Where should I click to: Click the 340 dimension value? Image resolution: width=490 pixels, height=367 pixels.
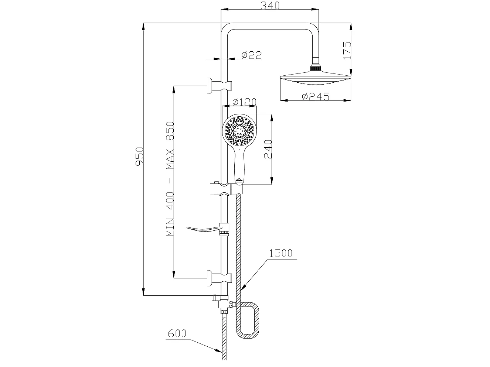(x=270, y=6)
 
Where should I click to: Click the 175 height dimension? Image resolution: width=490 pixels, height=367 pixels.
(x=346, y=50)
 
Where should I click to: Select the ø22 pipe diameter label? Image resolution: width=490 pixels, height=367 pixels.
(x=251, y=55)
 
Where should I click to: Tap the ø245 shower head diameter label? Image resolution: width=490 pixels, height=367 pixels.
(x=315, y=96)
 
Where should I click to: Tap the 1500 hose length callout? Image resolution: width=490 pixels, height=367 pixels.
(x=281, y=253)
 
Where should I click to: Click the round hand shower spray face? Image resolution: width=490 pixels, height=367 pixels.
(x=239, y=130)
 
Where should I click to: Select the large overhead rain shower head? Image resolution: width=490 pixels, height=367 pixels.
(x=315, y=78)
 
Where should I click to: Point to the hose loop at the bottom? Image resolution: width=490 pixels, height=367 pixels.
(x=248, y=321)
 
